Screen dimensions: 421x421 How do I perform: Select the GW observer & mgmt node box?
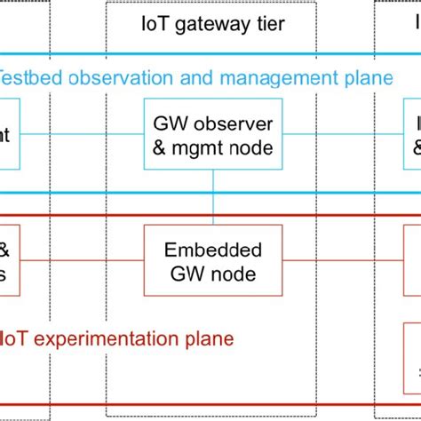click(x=212, y=135)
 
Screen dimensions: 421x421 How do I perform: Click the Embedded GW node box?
click(x=212, y=260)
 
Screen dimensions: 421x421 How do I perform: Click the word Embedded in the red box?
click(x=213, y=249)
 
